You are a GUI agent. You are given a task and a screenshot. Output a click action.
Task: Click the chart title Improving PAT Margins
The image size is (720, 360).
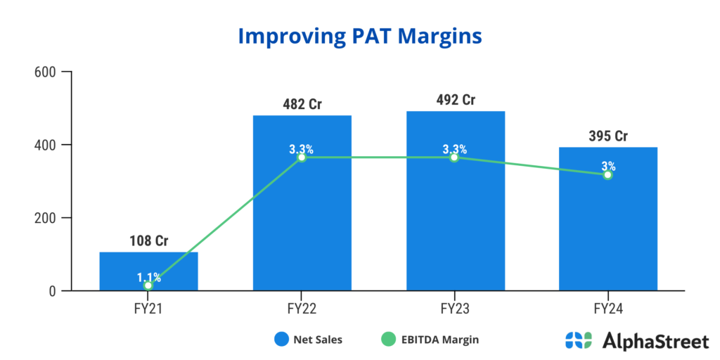(x=359, y=36)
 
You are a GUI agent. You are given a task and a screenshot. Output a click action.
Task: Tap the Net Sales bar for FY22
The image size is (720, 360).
(x=302, y=211)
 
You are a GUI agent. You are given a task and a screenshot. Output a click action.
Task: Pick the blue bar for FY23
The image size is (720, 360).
(x=455, y=211)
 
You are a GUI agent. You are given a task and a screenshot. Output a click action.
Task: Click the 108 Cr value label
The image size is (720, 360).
(x=148, y=241)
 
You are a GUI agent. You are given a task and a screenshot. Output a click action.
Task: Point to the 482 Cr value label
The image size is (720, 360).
(x=302, y=104)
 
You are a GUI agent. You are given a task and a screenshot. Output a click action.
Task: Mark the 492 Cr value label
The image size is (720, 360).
(x=455, y=100)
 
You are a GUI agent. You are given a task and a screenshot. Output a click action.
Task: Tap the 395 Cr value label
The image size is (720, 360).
(x=607, y=136)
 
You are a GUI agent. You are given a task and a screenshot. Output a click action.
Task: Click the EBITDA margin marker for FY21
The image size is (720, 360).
(x=148, y=285)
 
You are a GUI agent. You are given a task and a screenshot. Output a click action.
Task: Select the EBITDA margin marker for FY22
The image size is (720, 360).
(x=302, y=157)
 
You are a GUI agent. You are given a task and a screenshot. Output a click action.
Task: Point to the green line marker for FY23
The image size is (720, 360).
(x=455, y=157)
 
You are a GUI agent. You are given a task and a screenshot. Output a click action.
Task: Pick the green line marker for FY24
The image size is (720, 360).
(x=607, y=174)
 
